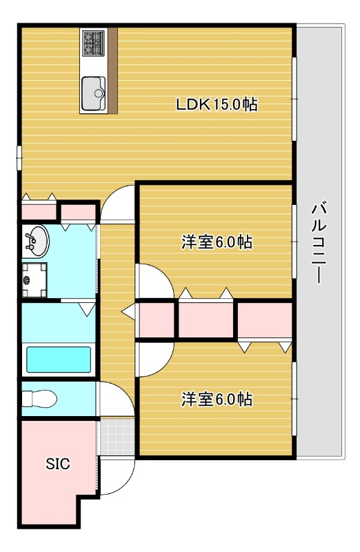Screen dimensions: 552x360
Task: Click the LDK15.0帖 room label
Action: click(217, 105)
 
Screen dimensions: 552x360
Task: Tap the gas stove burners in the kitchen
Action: click(92, 43)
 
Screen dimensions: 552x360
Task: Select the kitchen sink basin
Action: click(92, 92)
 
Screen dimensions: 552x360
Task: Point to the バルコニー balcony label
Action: click(319, 241)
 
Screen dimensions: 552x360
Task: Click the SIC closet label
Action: click(58, 464)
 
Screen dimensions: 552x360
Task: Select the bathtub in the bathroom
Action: click(58, 359)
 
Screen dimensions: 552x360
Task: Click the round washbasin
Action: click(35, 241)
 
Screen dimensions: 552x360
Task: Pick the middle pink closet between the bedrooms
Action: click(206, 320)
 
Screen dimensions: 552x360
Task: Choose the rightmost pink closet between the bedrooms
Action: click(265, 320)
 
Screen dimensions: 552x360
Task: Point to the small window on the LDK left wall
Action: click(19, 157)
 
